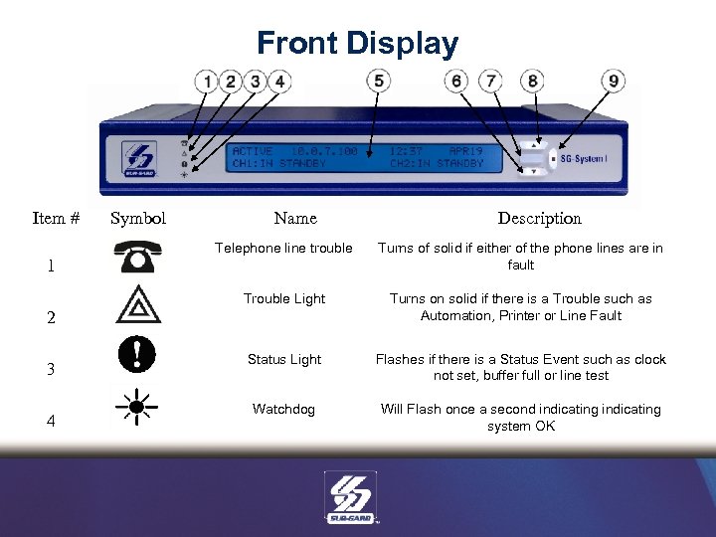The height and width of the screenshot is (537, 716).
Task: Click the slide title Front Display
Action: [357, 44]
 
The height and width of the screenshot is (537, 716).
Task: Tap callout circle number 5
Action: [379, 81]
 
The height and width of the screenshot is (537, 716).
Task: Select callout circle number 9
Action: [616, 81]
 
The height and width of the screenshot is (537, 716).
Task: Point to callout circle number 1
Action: [207, 81]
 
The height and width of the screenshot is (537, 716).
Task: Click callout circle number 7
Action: [490, 81]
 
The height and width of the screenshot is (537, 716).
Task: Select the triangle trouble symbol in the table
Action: [138, 303]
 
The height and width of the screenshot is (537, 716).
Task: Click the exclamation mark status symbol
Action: [138, 353]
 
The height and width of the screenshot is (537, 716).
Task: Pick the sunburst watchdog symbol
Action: [138, 407]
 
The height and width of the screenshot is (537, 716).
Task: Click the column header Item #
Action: [56, 218]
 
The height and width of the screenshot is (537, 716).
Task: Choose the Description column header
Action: [539, 218]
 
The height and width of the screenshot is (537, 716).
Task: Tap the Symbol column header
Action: [138, 218]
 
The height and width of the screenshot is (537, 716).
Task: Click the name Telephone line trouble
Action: [283, 249]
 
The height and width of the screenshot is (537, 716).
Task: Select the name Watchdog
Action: [283, 409]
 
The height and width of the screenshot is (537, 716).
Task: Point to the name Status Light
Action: [284, 359]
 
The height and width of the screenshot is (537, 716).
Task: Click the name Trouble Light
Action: [284, 298]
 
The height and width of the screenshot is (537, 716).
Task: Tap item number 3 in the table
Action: [50, 369]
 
